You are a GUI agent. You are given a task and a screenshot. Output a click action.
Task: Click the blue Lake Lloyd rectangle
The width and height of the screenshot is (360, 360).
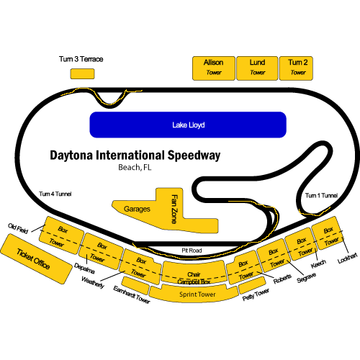(x=189, y=125)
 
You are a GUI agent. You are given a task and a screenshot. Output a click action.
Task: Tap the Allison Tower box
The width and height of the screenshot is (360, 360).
(x=213, y=68)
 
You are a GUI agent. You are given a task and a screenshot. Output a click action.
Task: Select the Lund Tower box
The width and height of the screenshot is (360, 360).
(x=257, y=68)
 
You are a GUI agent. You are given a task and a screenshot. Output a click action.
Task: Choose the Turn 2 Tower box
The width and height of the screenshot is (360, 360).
(x=298, y=68)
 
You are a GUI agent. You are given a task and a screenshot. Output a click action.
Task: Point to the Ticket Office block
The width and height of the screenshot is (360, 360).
(x=33, y=257)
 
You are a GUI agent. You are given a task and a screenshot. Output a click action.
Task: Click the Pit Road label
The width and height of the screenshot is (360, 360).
(x=191, y=250)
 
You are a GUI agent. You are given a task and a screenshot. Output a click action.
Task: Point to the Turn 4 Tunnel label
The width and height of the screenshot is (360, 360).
(x=55, y=194)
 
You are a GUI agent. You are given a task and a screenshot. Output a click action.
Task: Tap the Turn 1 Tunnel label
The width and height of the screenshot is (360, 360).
(x=321, y=195)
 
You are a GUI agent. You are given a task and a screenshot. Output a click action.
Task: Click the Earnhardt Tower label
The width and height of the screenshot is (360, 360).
(x=130, y=296)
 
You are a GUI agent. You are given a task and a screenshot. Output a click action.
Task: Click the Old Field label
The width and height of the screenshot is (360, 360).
(x=19, y=228)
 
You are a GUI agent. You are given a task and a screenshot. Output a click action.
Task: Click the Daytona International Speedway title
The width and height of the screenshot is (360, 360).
(x=135, y=155)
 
